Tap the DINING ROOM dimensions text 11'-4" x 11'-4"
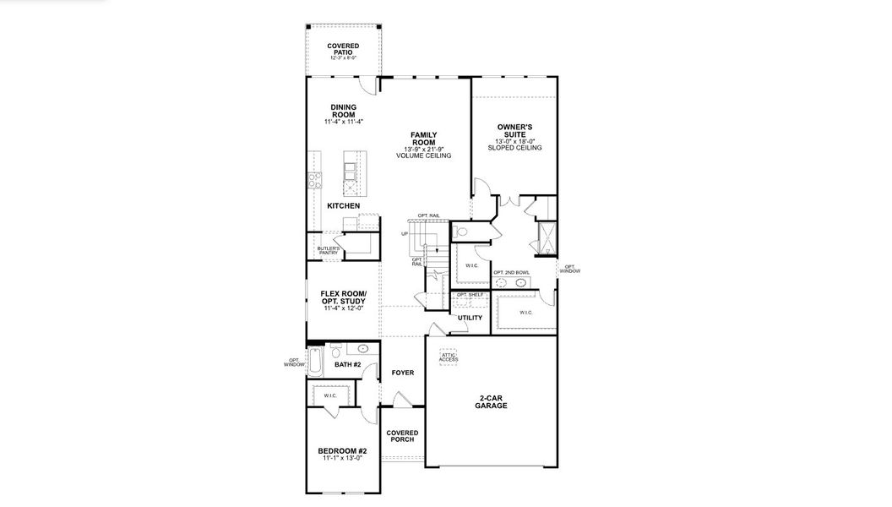point(344,122)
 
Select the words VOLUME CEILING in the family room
point(423,156)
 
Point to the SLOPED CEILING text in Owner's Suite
point(514,148)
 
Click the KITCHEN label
point(343,206)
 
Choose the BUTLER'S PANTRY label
point(329,250)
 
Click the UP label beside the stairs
point(405,234)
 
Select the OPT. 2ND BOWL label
point(511,272)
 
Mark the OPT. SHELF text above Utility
point(470,295)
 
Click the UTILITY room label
point(470,318)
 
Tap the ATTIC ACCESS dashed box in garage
point(448,357)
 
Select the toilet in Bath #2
point(335,352)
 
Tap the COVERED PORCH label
point(402,437)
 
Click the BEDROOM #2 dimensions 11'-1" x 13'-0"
point(342,459)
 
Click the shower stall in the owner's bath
point(546,238)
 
